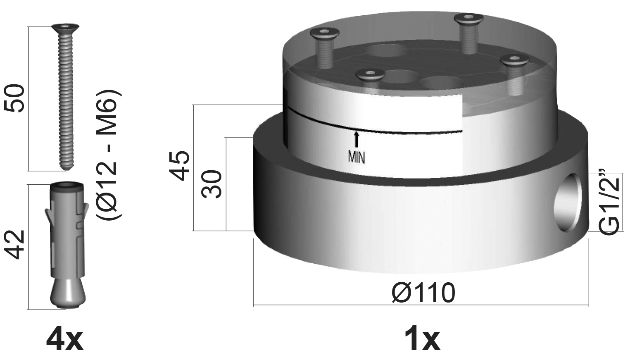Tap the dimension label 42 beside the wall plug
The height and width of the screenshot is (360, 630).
tap(14, 245)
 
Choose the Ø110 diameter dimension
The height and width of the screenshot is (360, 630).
tap(423, 293)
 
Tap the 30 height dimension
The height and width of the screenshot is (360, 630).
tap(212, 184)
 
